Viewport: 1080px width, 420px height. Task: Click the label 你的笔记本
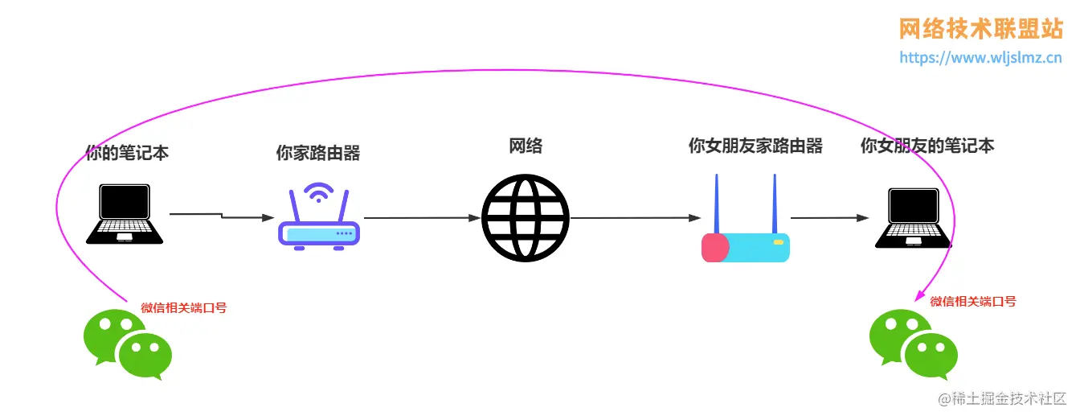click(x=127, y=152)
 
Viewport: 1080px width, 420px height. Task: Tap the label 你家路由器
click(x=317, y=153)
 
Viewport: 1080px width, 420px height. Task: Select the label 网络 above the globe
click(x=526, y=146)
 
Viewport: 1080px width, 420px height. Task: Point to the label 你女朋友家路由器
click(x=755, y=146)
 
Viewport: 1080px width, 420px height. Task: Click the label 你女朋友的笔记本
click(x=927, y=146)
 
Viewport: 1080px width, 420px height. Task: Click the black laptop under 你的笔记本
click(x=125, y=213)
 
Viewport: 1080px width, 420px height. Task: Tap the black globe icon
click(x=526, y=217)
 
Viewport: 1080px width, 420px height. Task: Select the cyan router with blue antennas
click(x=746, y=233)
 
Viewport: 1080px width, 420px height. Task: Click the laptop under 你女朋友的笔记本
click(x=911, y=217)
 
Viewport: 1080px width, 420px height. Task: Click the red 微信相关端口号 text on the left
click(x=184, y=307)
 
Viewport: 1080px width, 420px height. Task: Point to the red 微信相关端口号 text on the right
click(x=973, y=302)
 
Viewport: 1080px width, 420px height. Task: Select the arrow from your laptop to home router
click(x=221, y=216)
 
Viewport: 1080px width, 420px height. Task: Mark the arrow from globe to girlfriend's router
click(x=635, y=217)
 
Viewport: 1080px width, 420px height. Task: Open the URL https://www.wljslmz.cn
click(x=980, y=58)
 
